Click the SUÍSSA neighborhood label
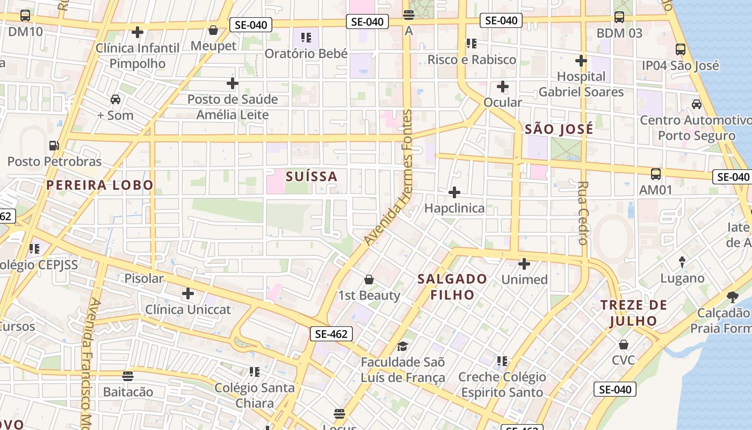[312, 176]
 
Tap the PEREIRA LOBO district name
[100, 185]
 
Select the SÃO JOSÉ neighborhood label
[559, 129]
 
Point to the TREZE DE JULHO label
[633, 313]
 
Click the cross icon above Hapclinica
[454, 192]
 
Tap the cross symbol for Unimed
[524, 264]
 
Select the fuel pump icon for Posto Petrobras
[54, 146]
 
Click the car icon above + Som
[115, 99]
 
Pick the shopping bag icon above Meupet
[213, 30]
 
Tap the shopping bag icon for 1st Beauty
[369, 279]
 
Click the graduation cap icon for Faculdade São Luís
[402, 346]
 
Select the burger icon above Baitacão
[128, 376]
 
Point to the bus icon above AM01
[656, 174]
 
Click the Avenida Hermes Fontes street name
[388, 177]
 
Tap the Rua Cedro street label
[583, 213]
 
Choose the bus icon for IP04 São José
[681, 49]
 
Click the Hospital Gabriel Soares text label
[581, 84]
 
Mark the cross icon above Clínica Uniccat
[188, 293]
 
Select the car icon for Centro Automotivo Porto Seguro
[697, 104]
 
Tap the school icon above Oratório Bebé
[306, 38]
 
